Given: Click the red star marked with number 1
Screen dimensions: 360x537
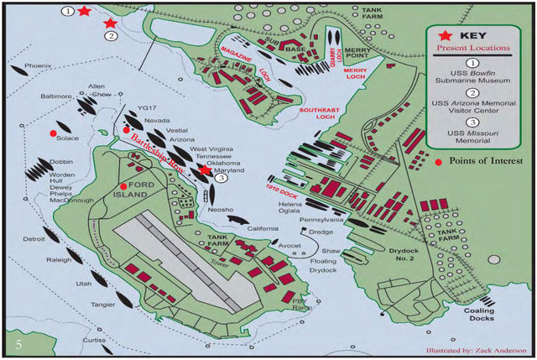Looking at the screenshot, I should [x=84, y=11].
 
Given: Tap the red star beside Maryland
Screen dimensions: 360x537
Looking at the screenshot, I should [x=206, y=170].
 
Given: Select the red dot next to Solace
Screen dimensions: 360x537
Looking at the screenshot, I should [x=54, y=133].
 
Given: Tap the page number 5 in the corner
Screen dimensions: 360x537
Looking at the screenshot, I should [x=18, y=344].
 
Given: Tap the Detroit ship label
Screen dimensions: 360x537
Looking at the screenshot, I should [x=34, y=239].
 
